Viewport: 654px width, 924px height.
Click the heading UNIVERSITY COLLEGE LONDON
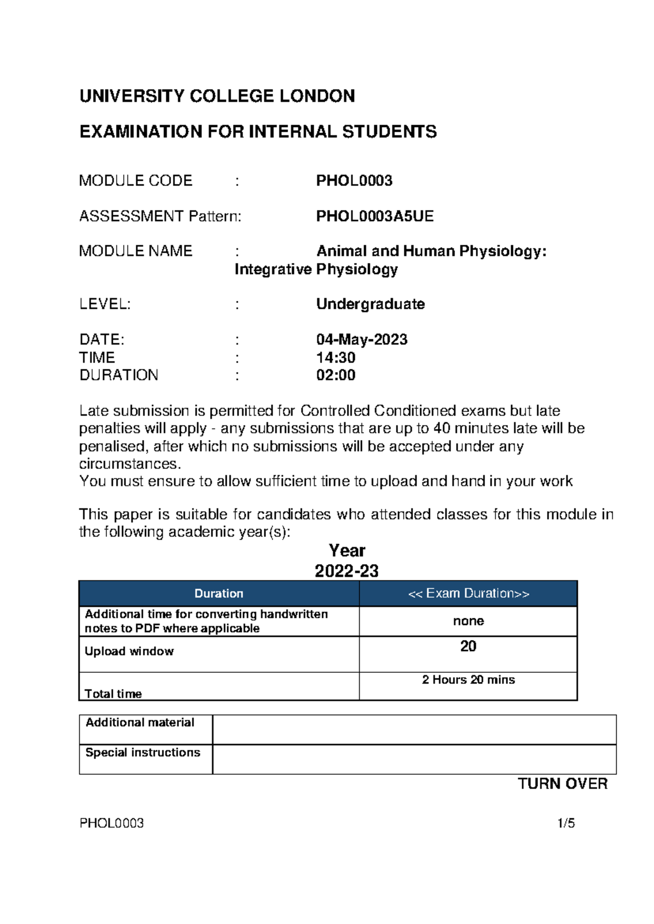[x=217, y=96]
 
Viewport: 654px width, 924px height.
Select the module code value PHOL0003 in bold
[x=354, y=181]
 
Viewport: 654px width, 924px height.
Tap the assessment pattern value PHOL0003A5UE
[x=375, y=216]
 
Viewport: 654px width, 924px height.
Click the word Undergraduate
[x=370, y=304]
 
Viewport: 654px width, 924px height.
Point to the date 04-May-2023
[x=362, y=339]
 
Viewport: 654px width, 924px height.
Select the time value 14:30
[x=336, y=357]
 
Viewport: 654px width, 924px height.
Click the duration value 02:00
[x=336, y=375]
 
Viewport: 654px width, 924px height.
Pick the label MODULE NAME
[x=136, y=251]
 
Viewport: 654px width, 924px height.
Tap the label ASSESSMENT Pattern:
[x=160, y=216]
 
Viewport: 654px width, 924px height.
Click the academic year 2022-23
[x=347, y=571]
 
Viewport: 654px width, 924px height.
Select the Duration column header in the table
[x=219, y=593]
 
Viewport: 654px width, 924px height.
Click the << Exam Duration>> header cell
[x=468, y=593]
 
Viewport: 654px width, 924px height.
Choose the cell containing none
[x=468, y=621]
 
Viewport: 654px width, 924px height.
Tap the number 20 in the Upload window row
[x=468, y=646]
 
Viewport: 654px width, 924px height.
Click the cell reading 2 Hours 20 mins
[x=468, y=679]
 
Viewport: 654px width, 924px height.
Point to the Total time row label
[x=113, y=694]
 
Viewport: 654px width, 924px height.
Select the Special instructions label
[x=143, y=752]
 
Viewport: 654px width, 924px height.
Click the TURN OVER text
[x=562, y=783]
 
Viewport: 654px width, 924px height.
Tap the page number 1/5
[x=566, y=823]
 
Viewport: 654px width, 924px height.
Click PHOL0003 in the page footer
[x=112, y=823]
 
